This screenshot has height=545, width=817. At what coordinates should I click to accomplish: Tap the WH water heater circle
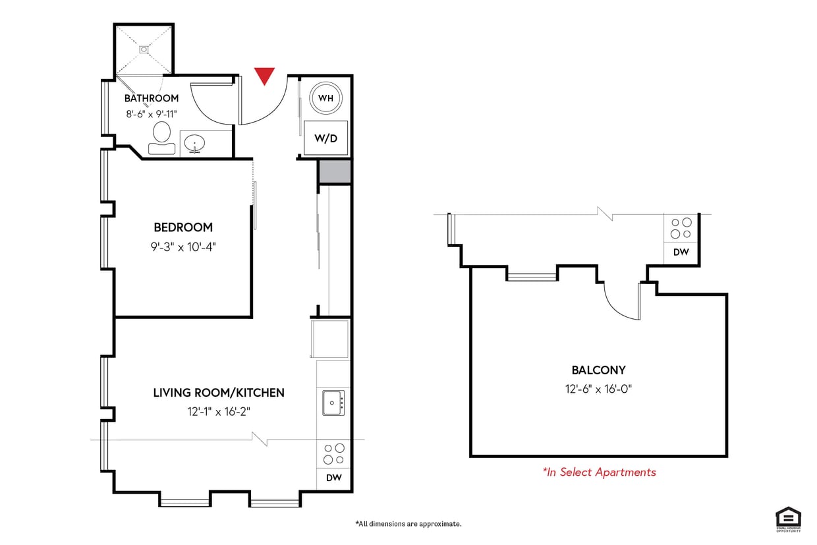point(325,98)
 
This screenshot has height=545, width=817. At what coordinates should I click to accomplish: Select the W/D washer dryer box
point(325,138)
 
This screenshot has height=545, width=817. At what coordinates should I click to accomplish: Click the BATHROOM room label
point(152,98)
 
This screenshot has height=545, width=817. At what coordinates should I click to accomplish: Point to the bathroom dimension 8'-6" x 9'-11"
point(152,113)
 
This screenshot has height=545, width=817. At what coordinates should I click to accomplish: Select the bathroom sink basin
point(194,142)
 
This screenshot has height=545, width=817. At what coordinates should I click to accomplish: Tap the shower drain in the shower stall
point(144,49)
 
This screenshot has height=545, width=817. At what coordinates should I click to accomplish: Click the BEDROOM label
point(183,227)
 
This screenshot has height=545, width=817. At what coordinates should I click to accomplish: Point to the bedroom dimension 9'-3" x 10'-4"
point(183,246)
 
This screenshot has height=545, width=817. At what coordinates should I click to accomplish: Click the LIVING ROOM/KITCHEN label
point(219,393)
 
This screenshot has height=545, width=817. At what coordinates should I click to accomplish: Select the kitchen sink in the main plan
point(333,402)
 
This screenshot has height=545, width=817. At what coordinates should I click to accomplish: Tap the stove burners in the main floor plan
point(334,454)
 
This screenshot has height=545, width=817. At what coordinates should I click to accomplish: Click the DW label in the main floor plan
point(333,478)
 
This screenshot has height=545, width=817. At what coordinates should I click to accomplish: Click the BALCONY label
point(598,370)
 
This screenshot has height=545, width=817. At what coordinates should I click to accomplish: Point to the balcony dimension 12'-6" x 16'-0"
point(598,388)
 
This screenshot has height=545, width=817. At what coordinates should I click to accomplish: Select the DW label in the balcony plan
point(681,252)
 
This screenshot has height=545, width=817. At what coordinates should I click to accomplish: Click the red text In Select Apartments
point(599,472)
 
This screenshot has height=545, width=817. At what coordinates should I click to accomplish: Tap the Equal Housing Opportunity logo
point(788,519)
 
